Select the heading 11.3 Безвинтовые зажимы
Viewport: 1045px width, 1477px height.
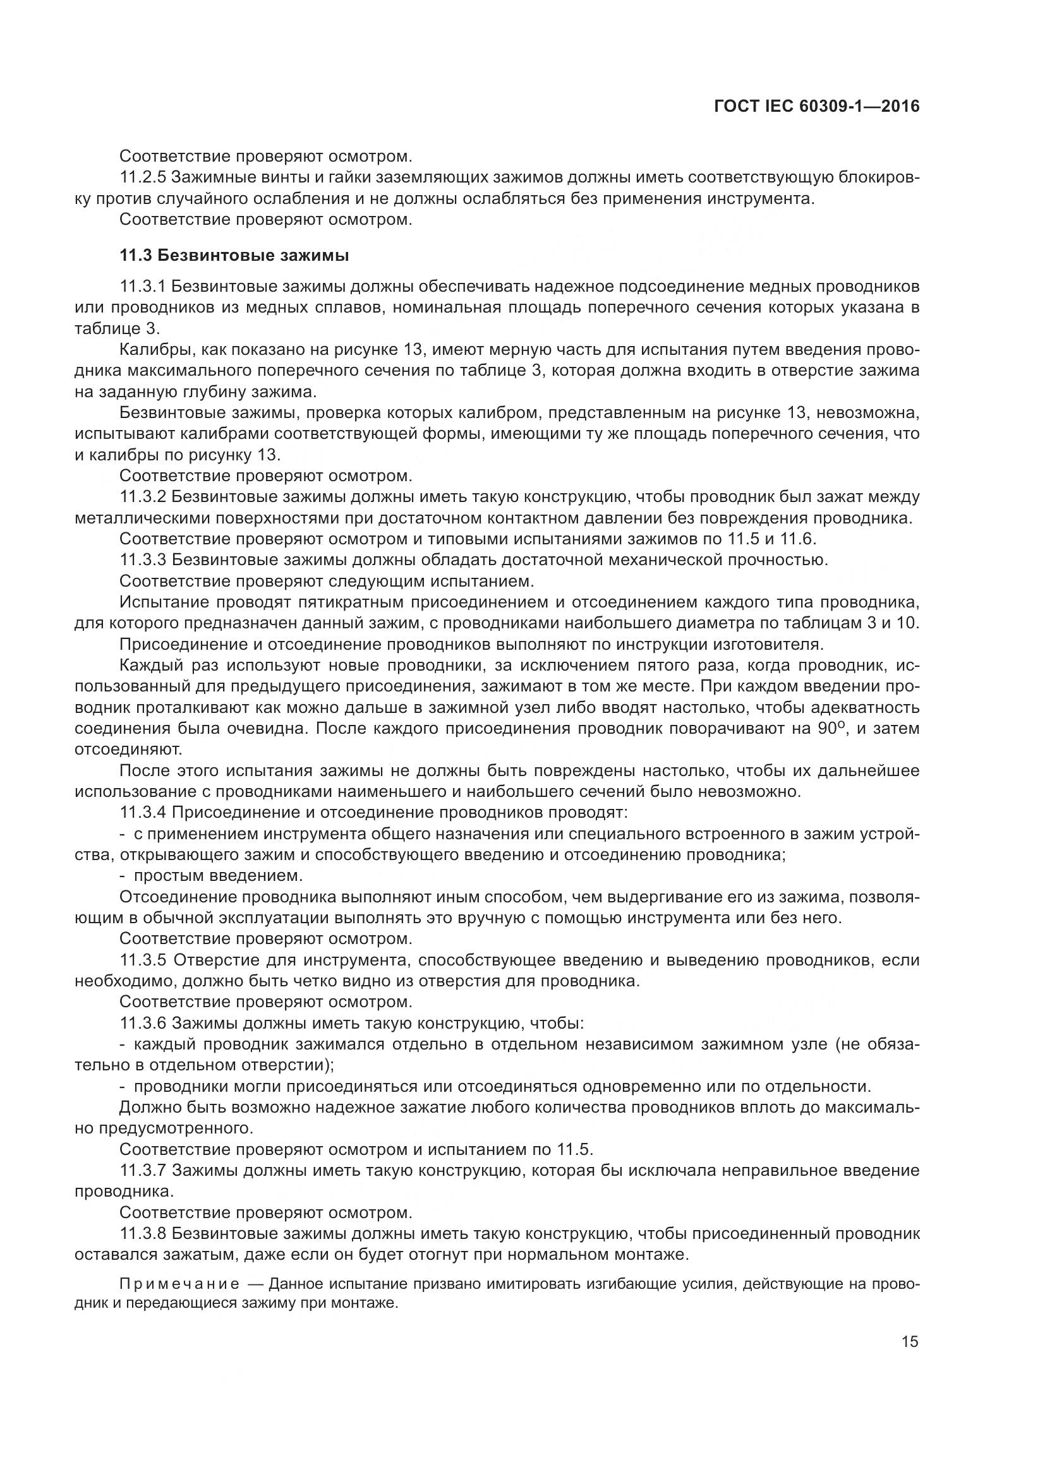click(x=234, y=256)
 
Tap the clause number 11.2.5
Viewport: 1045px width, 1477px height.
click(x=143, y=177)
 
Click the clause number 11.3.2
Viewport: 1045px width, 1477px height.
click(x=143, y=496)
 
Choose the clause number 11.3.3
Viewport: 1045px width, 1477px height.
click(x=143, y=559)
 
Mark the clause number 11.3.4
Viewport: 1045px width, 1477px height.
click(x=143, y=813)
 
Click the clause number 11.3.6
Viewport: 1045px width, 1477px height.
click(x=143, y=1023)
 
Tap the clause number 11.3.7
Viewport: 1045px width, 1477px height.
click(x=143, y=1170)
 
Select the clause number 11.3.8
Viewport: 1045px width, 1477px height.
click(x=143, y=1233)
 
